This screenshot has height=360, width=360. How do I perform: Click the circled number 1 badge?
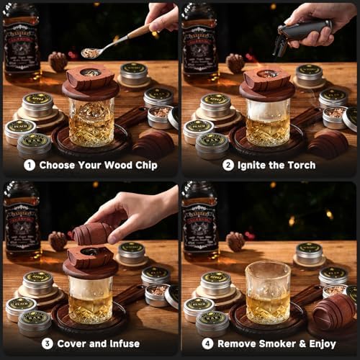coord(30,165)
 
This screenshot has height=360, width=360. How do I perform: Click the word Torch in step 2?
coord(298,165)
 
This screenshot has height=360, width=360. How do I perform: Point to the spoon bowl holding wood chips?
coord(91,53)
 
